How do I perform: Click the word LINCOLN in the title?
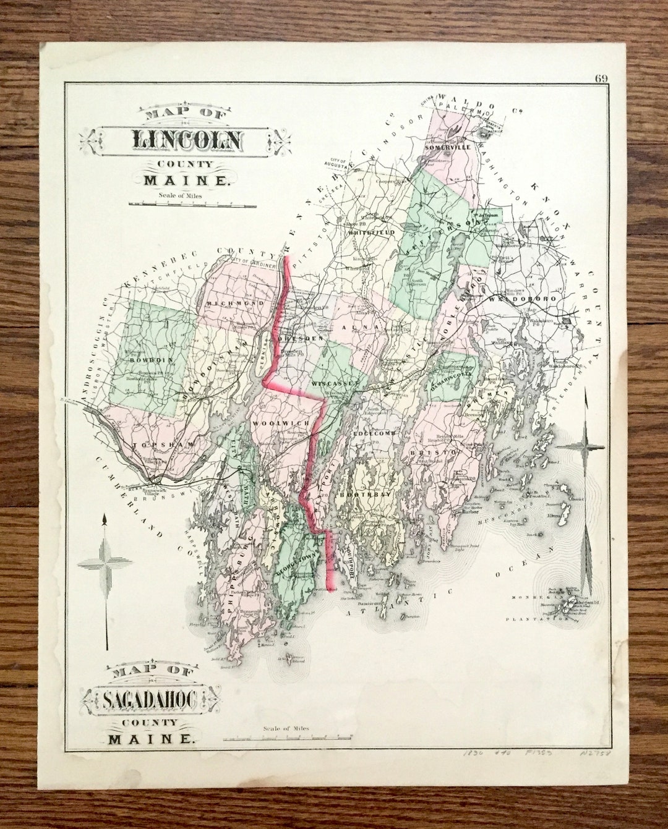[x=187, y=140]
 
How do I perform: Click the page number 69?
[x=601, y=79]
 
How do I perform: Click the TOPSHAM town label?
[x=162, y=444]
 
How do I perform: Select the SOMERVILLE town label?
[x=448, y=147]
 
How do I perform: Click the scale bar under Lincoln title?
[x=192, y=205]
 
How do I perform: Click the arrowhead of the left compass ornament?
[x=105, y=520]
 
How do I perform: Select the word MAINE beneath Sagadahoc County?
[x=149, y=738]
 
